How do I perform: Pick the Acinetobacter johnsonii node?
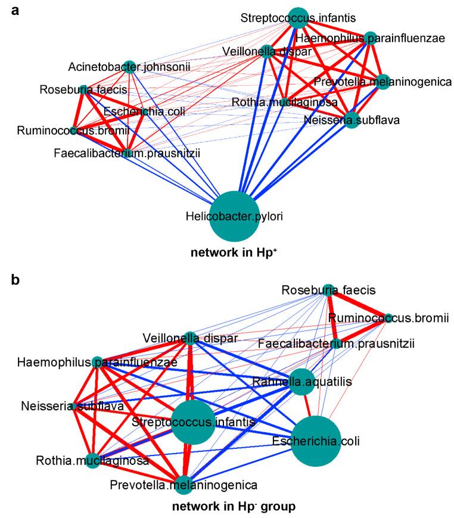click(x=129, y=65)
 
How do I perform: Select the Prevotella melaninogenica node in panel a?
click(x=383, y=82)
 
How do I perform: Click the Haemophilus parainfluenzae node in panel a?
click(x=370, y=39)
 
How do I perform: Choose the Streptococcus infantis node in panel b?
click(x=192, y=422)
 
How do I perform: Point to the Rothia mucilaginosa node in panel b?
click(x=92, y=461)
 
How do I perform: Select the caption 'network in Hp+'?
click(x=237, y=253)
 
